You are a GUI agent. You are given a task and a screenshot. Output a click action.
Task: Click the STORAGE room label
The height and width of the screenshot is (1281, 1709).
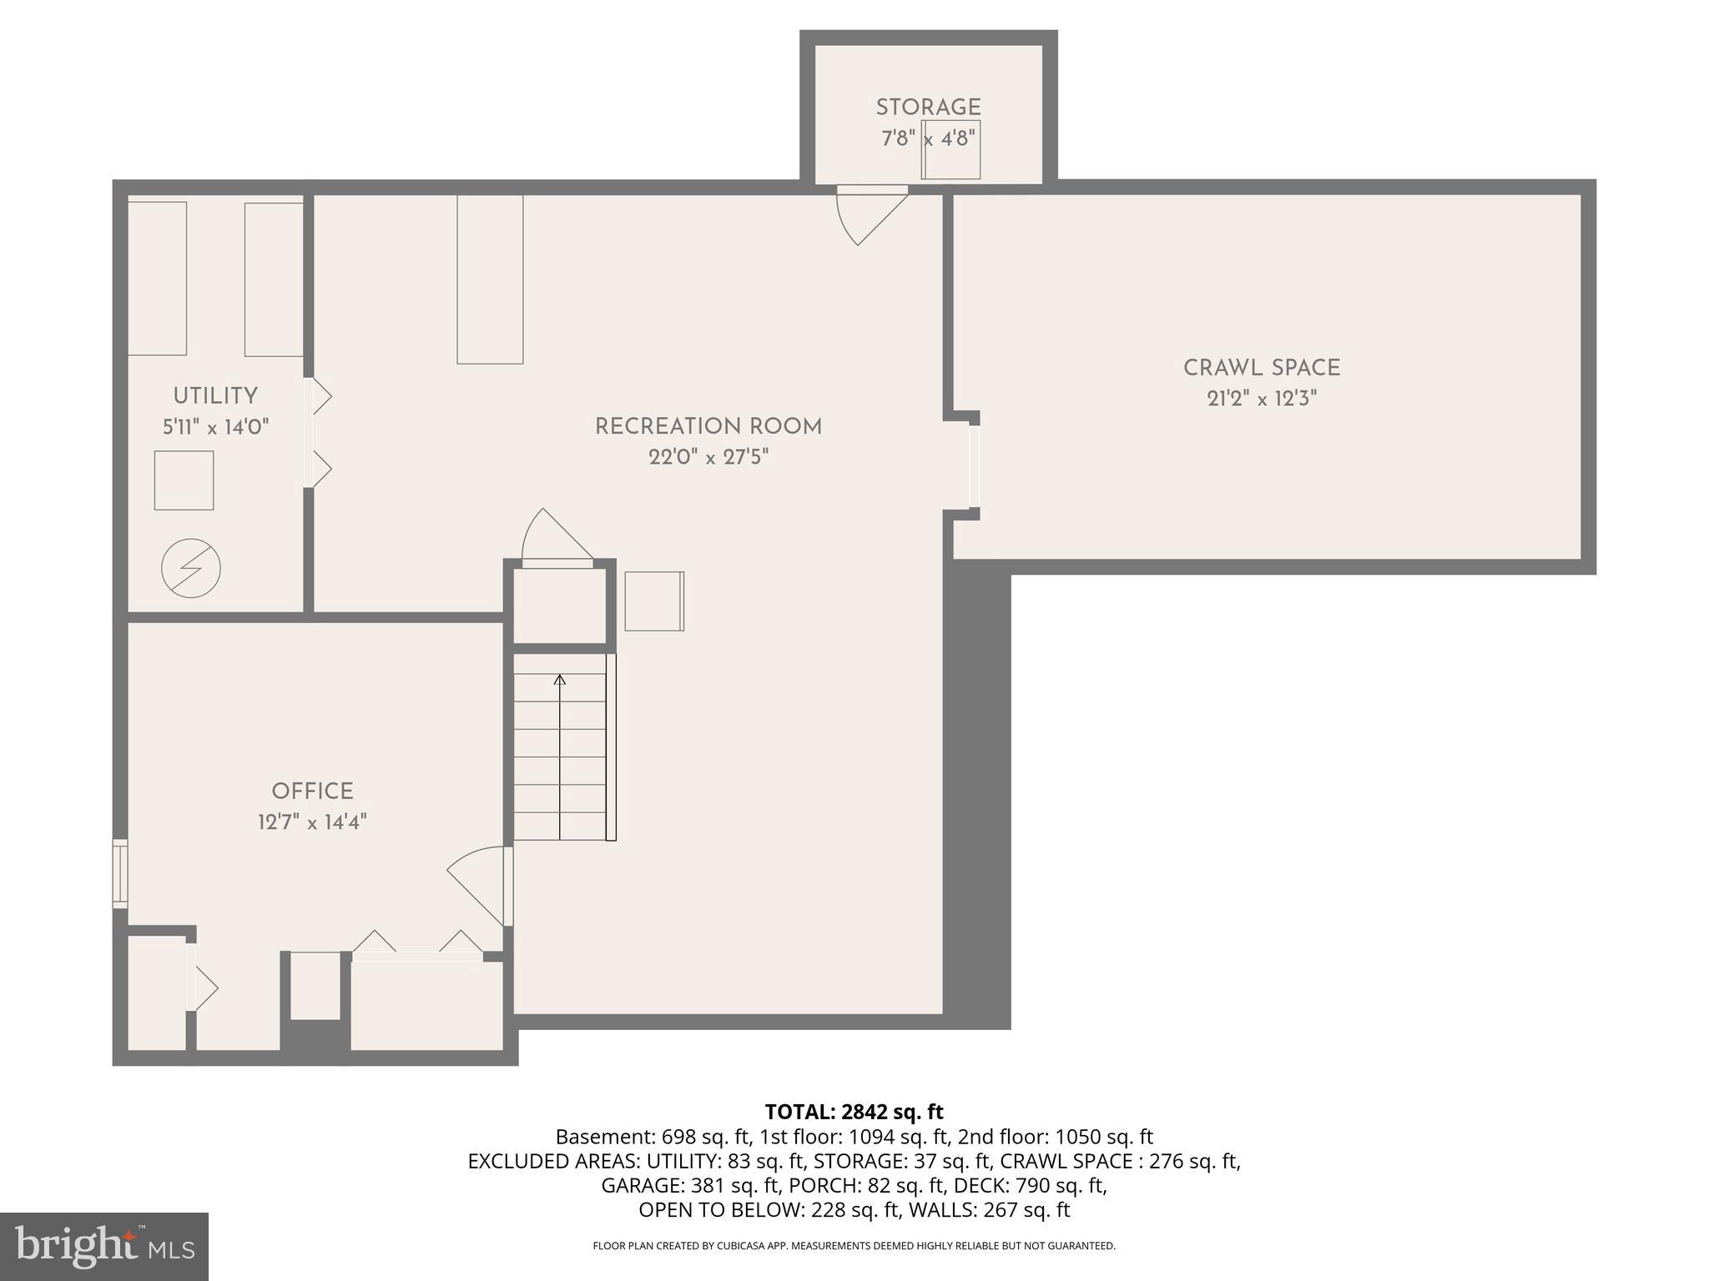click(x=928, y=108)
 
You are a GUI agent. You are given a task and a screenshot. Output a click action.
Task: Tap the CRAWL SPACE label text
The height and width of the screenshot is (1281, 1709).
click(x=1261, y=368)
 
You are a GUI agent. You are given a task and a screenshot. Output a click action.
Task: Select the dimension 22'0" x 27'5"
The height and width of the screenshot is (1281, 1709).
click(x=708, y=457)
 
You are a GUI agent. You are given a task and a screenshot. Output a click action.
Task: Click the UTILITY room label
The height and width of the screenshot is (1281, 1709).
click(x=215, y=396)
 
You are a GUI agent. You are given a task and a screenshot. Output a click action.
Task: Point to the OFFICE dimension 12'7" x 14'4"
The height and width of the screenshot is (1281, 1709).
click(x=312, y=822)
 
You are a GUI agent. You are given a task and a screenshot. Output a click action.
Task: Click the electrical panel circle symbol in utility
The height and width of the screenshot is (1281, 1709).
click(x=191, y=569)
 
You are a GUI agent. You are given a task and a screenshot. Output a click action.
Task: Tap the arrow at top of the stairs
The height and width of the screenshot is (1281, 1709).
click(x=560, y=681)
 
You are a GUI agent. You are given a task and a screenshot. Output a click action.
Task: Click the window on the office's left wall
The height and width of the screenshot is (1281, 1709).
click(x=120, y=874)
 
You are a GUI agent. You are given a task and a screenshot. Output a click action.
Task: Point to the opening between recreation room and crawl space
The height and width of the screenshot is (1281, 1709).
click(x=974, y=466)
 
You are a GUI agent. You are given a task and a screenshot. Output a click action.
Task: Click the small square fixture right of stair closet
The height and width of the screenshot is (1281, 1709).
click(x=654, y=600)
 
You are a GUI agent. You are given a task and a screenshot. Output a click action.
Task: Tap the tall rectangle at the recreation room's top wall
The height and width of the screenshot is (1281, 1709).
click(x=490, y=279)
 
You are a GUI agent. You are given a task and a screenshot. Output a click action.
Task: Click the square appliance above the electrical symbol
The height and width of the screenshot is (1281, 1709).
click(x=184, y=480)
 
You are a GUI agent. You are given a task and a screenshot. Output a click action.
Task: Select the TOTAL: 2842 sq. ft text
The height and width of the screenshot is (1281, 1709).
click(x=854, y=1112)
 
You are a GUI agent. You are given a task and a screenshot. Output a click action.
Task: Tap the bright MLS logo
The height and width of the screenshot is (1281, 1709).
click(x=104, y=1246)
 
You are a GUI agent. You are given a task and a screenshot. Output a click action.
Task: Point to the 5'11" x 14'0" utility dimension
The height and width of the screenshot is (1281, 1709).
click(x=215, y=428)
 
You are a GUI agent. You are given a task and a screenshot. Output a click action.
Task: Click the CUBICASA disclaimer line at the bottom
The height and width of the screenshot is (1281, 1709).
click(x=854, y=1246)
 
